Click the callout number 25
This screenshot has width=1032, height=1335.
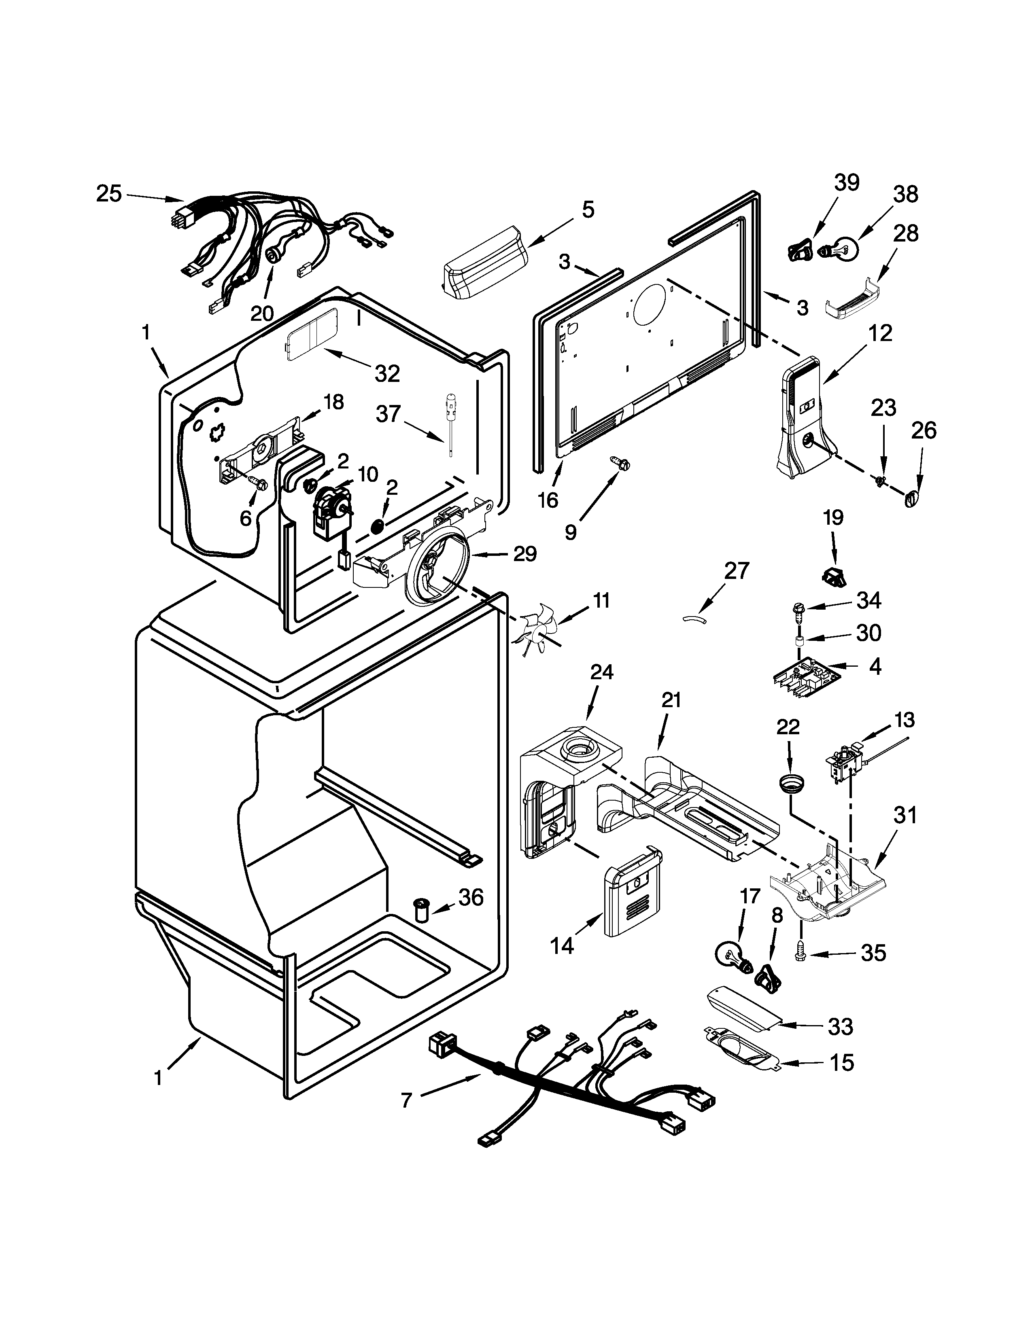pyautogui.click(x=109, y=194)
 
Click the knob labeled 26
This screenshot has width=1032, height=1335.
pyautogui.click(x=911, y=498)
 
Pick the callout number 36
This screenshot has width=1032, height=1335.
pyautogui.click(x=471, y=897)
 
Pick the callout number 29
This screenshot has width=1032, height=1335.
pyautogui.click(x=524, y=554)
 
